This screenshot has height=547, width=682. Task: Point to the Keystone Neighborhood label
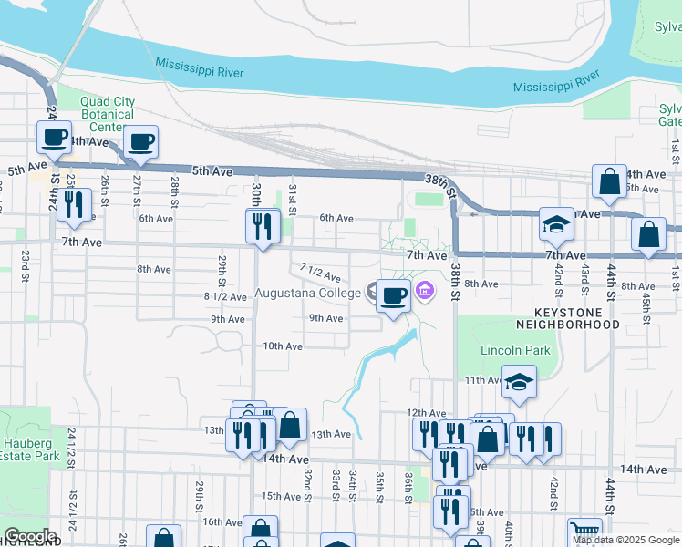tap(567, 317)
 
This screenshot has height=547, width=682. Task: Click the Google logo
tap(30, 536)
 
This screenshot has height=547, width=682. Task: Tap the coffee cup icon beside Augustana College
tap(393, 295)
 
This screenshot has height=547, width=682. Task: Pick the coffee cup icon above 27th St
tap(141, 141)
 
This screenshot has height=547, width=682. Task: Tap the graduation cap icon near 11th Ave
tap(519, 381)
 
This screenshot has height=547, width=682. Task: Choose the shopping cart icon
tap(584, 531)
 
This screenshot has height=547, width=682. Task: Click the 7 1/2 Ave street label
tap(320, 271)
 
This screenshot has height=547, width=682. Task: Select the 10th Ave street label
tap(283, 346)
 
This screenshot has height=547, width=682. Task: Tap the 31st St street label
tap(293, 195)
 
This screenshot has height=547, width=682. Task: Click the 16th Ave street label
tap(222, 521)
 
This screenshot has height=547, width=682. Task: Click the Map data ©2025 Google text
tap(625, 540)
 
